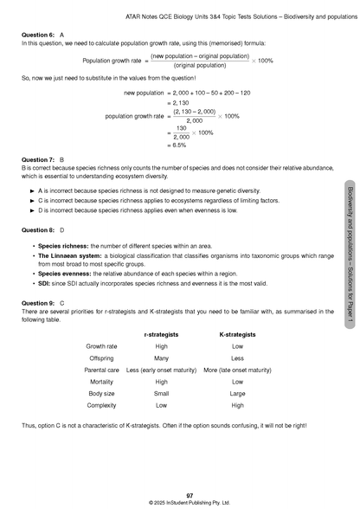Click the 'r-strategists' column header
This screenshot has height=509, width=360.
click(161, 333)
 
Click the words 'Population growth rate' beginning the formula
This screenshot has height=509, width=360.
click(112, 61)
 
